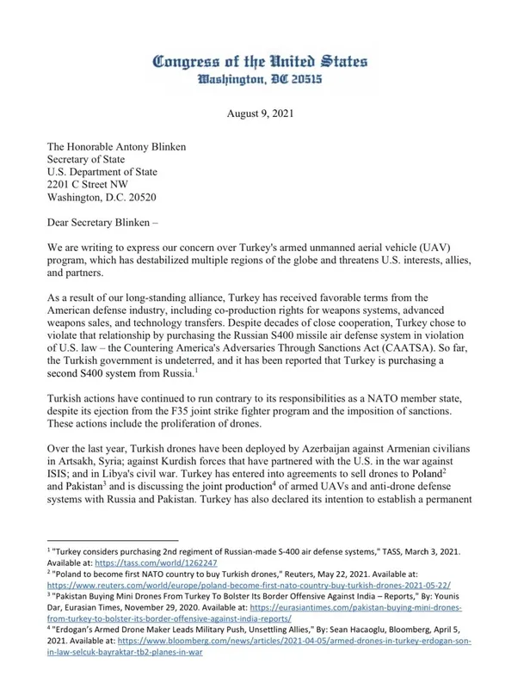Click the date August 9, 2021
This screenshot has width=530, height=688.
260,113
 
